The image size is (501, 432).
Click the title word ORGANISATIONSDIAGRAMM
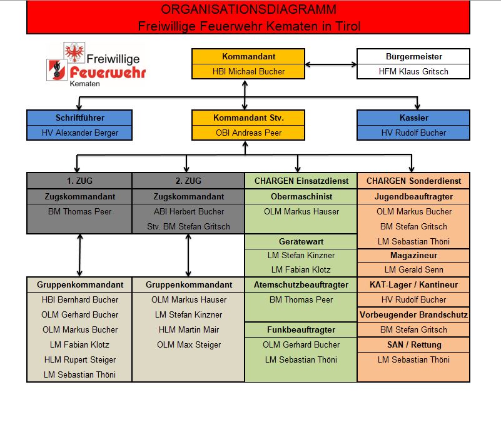tap(248, 9)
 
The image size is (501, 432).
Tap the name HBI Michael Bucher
tap(248, 71)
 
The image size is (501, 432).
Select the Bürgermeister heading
tap(413, 56)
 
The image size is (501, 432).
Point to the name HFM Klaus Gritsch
tap(413, 71)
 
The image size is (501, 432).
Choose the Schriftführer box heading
tap(79, 118)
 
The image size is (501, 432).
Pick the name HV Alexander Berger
tap(79, 133)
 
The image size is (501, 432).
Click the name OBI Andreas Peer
tap(248, 133)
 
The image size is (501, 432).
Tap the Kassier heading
tap(413, 118)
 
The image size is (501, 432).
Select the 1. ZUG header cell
tap(79, 181)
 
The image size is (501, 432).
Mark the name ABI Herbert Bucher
tap(188, 211)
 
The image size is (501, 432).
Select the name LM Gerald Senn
tap(413, 269)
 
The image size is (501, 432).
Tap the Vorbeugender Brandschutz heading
tap(413, 314)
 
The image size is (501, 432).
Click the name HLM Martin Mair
tap(188, 329)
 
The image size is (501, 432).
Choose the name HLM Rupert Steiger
tap(79, 359)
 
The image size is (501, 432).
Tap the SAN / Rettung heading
tap(413, 344)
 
